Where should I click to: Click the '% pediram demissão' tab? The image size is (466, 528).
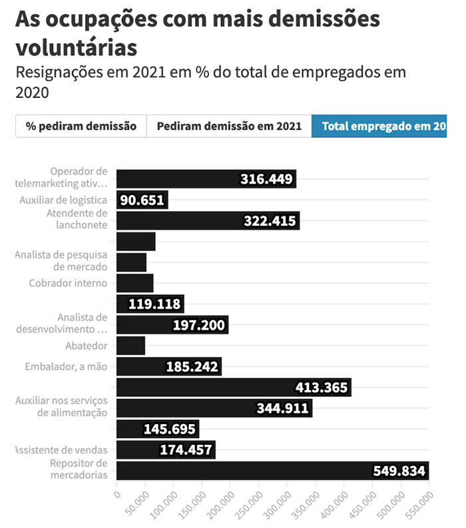[81, 126]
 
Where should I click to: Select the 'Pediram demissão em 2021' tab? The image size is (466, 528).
[229, 126]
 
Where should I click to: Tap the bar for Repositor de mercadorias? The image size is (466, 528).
[272, 471]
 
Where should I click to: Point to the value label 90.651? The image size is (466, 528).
[142, 200]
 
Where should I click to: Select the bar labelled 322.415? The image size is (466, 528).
[208, 221]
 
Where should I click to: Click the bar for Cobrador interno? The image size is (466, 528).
[135, 283]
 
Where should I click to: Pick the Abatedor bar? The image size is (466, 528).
[130, 346]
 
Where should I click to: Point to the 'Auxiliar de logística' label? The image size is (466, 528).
[63, 200]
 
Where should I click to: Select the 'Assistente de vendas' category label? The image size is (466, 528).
[61, 450]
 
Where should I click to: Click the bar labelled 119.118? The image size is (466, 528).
[150, 304]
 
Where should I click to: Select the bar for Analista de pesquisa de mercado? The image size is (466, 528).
[131, 262]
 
